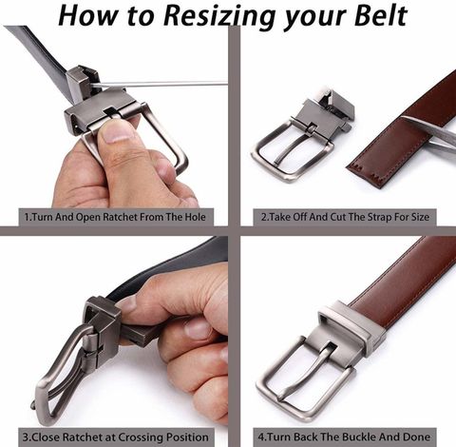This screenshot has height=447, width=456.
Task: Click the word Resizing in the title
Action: point(219,16)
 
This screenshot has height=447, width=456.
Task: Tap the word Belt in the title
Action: point(380,15)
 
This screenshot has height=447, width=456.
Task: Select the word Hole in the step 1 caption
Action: point(195,217)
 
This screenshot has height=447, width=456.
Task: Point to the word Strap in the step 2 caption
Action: point(379,217)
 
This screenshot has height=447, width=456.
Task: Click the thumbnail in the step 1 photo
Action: point(117,132)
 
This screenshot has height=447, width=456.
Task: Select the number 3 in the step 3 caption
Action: point(26,437)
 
